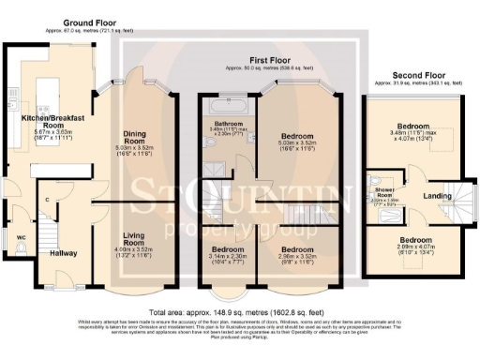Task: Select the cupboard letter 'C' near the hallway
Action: pyautogui.click(x=46, y=201)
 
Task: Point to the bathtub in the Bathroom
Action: pyautogui.click(x=226, y=106)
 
